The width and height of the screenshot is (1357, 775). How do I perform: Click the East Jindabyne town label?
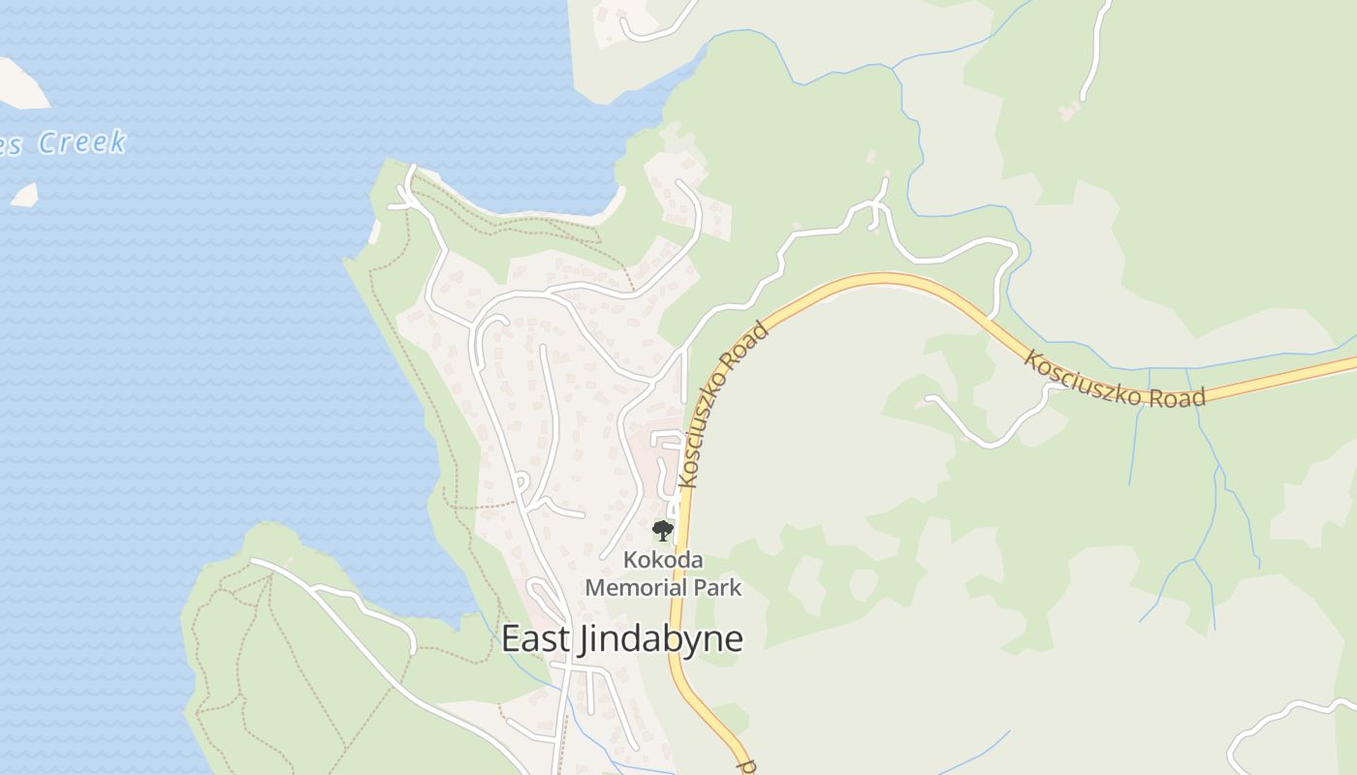pos(622,639)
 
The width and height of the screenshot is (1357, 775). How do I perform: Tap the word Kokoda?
pos(663,560)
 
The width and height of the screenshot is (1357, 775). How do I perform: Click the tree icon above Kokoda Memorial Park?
pos(663,530)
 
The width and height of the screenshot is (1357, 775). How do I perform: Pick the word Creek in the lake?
pos(82,142)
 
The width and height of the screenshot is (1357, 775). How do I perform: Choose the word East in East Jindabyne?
pos(530,638)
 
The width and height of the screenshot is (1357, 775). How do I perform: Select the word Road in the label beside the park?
pos(753,344)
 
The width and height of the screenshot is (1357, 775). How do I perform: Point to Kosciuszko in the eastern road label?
pos(1080,378)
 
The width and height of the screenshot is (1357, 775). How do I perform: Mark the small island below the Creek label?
pos(24,194)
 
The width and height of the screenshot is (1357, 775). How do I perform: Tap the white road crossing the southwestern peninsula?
pos(378,659)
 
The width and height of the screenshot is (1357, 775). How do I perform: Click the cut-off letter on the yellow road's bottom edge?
pos(747,765)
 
